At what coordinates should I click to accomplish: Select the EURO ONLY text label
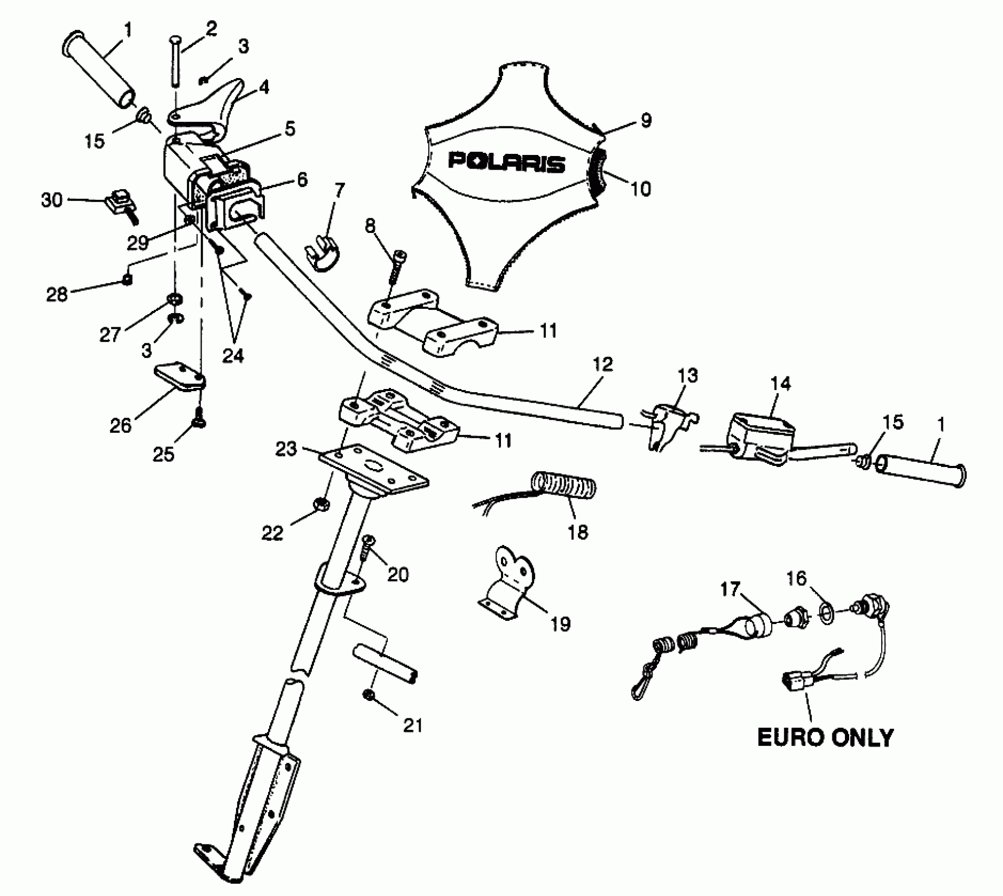(x=825, y=738)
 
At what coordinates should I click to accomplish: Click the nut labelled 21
(x=369, y=695)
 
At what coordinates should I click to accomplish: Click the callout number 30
(x=52, y=200)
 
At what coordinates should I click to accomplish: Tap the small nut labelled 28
(x=127, y=279)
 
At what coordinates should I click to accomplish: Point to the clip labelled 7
(x=323, y=253)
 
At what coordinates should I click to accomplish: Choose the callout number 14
(x=780, y=384)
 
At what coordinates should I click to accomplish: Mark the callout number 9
(x=646, y=121)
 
